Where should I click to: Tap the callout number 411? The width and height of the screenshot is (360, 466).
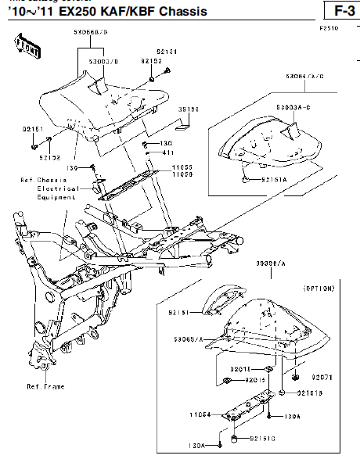point(167,152)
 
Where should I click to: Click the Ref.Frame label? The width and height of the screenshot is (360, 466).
point(45,386)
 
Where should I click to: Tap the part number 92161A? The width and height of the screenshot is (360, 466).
point(273,180)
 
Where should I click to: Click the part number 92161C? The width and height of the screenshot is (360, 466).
point(261,440)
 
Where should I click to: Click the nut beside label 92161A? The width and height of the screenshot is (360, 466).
point(247,180)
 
